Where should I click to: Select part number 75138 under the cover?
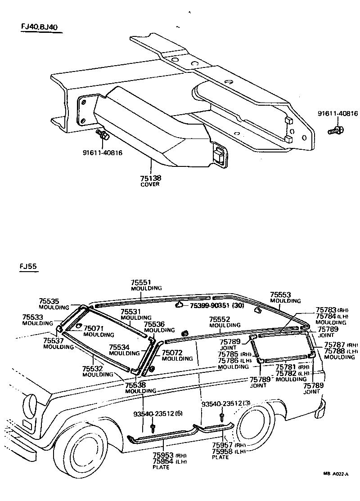[150, 178]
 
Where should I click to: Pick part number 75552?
[219, 319]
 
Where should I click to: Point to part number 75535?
[49, 301]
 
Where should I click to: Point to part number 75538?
[135, 385]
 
